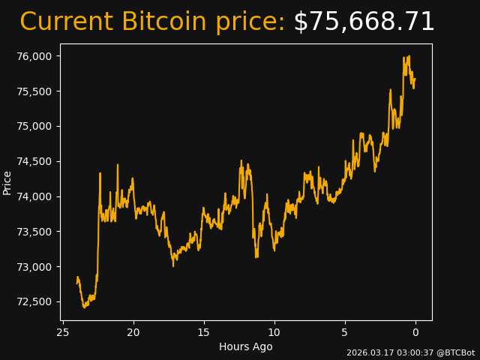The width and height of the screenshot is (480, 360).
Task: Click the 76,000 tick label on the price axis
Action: pos(35,56)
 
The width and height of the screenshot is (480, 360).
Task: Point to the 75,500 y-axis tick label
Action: pos(35,91)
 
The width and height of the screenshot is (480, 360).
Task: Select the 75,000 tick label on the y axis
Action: pos(35,126)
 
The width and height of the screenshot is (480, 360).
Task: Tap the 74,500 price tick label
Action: pos(35,161)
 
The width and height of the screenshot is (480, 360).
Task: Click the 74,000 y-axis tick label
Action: pos(35,196)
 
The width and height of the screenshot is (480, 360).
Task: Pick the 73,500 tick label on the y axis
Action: pos(35,232)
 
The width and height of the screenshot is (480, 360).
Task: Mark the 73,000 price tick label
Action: pos(35,267)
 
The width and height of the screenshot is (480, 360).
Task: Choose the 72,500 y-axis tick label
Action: pos(35,302)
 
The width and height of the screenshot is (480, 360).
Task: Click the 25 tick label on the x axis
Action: pos(63,332)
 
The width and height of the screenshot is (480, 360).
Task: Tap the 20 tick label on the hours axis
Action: pos(133,332)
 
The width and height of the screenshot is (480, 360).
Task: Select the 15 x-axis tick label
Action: pos(204,332)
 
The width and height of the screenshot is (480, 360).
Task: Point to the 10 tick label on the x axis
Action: pos(274,332)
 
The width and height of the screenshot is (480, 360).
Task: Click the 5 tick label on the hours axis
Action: pos(345,332)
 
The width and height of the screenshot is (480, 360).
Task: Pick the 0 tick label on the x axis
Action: pos(415,332)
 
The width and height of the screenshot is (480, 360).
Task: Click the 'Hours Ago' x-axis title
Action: pos(246,346)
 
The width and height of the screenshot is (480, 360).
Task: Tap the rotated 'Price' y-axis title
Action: pos(7,182)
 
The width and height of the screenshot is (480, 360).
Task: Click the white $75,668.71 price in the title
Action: pos(364,22)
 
